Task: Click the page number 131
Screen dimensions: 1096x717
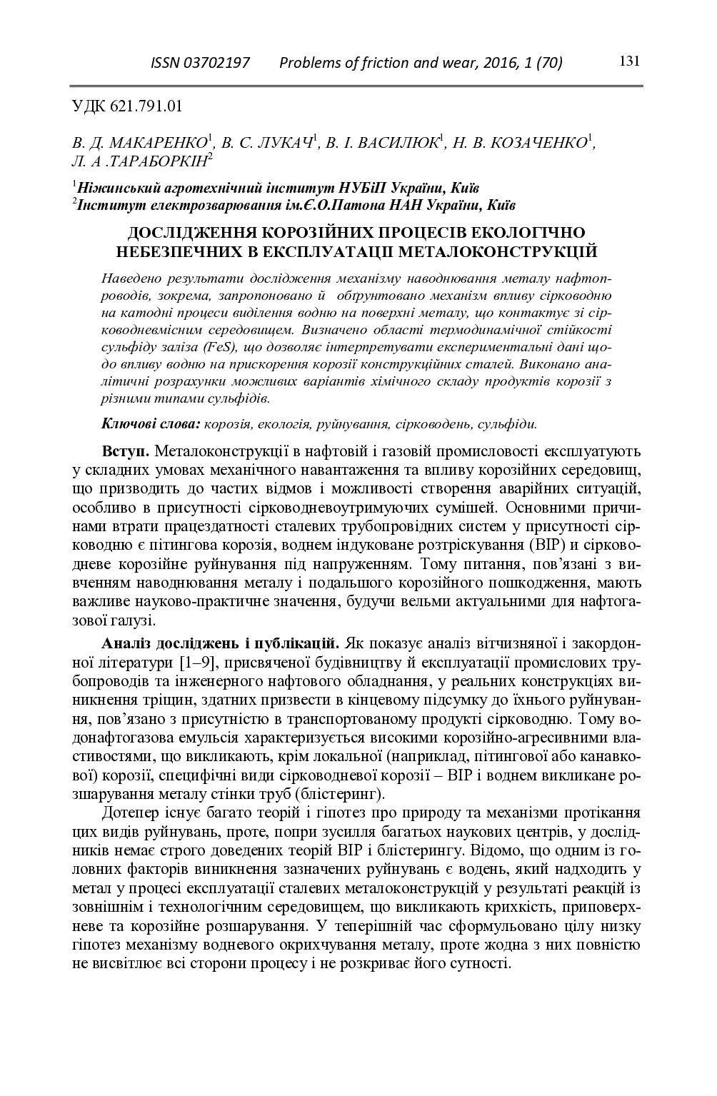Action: (628, 61)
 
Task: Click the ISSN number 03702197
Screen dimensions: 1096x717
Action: (216, 63)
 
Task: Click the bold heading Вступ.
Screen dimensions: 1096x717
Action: (126, 452)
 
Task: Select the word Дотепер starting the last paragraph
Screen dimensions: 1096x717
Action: (132, 813)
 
